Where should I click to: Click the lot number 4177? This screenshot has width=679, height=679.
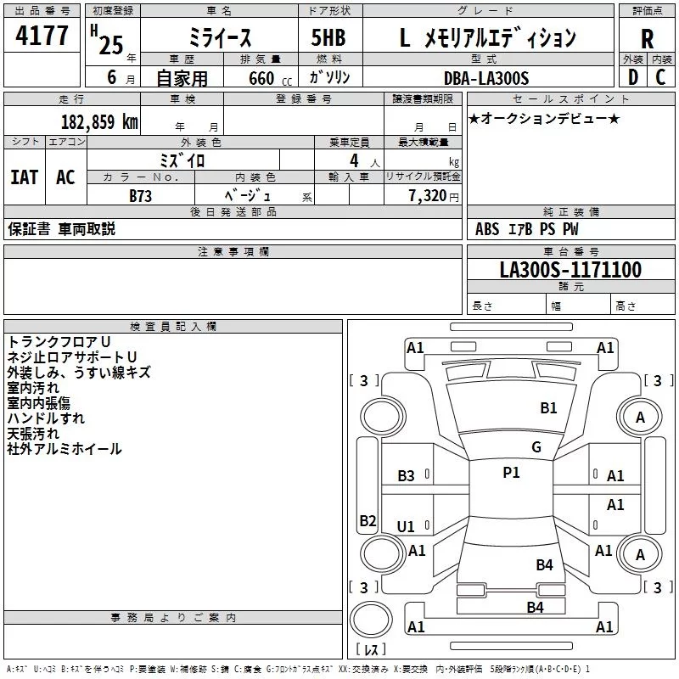click(x=42, y=36)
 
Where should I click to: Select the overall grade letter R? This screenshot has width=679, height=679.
click(x=647, y=39)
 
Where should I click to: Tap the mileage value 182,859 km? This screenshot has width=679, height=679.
click(x=99, y=121)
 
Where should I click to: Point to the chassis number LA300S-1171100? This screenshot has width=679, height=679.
click(x=570, y=269)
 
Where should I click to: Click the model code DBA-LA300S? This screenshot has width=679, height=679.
click(x=486, y=78)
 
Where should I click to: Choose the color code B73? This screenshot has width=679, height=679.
click(x=140, y=196)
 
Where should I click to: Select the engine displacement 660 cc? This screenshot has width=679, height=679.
click(x=270, y=78)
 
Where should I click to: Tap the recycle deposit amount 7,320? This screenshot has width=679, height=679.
click(x=428, y=195)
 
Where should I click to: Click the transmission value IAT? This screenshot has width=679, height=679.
click(x=25, y=177)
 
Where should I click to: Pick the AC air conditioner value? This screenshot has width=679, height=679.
click(x=65, y=177)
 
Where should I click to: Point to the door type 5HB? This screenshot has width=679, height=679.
click(x=328, y=37)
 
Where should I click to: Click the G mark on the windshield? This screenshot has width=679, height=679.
click(x=536, y=446)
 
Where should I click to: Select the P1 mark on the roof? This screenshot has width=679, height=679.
click(x=511, y=472)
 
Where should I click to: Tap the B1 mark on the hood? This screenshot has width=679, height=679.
click(x=548, y=407)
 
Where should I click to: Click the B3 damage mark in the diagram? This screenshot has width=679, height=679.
click(x=406, y=475)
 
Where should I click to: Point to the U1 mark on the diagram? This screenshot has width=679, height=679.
click(x=406, y=526)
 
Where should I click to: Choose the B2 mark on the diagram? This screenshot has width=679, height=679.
click(x=368, y=520)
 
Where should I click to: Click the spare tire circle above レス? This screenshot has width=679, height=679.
click(x=371, y=620)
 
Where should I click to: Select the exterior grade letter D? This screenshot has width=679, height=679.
click(x=632, y=77)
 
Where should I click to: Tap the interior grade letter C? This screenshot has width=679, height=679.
click(x=660, y=77)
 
